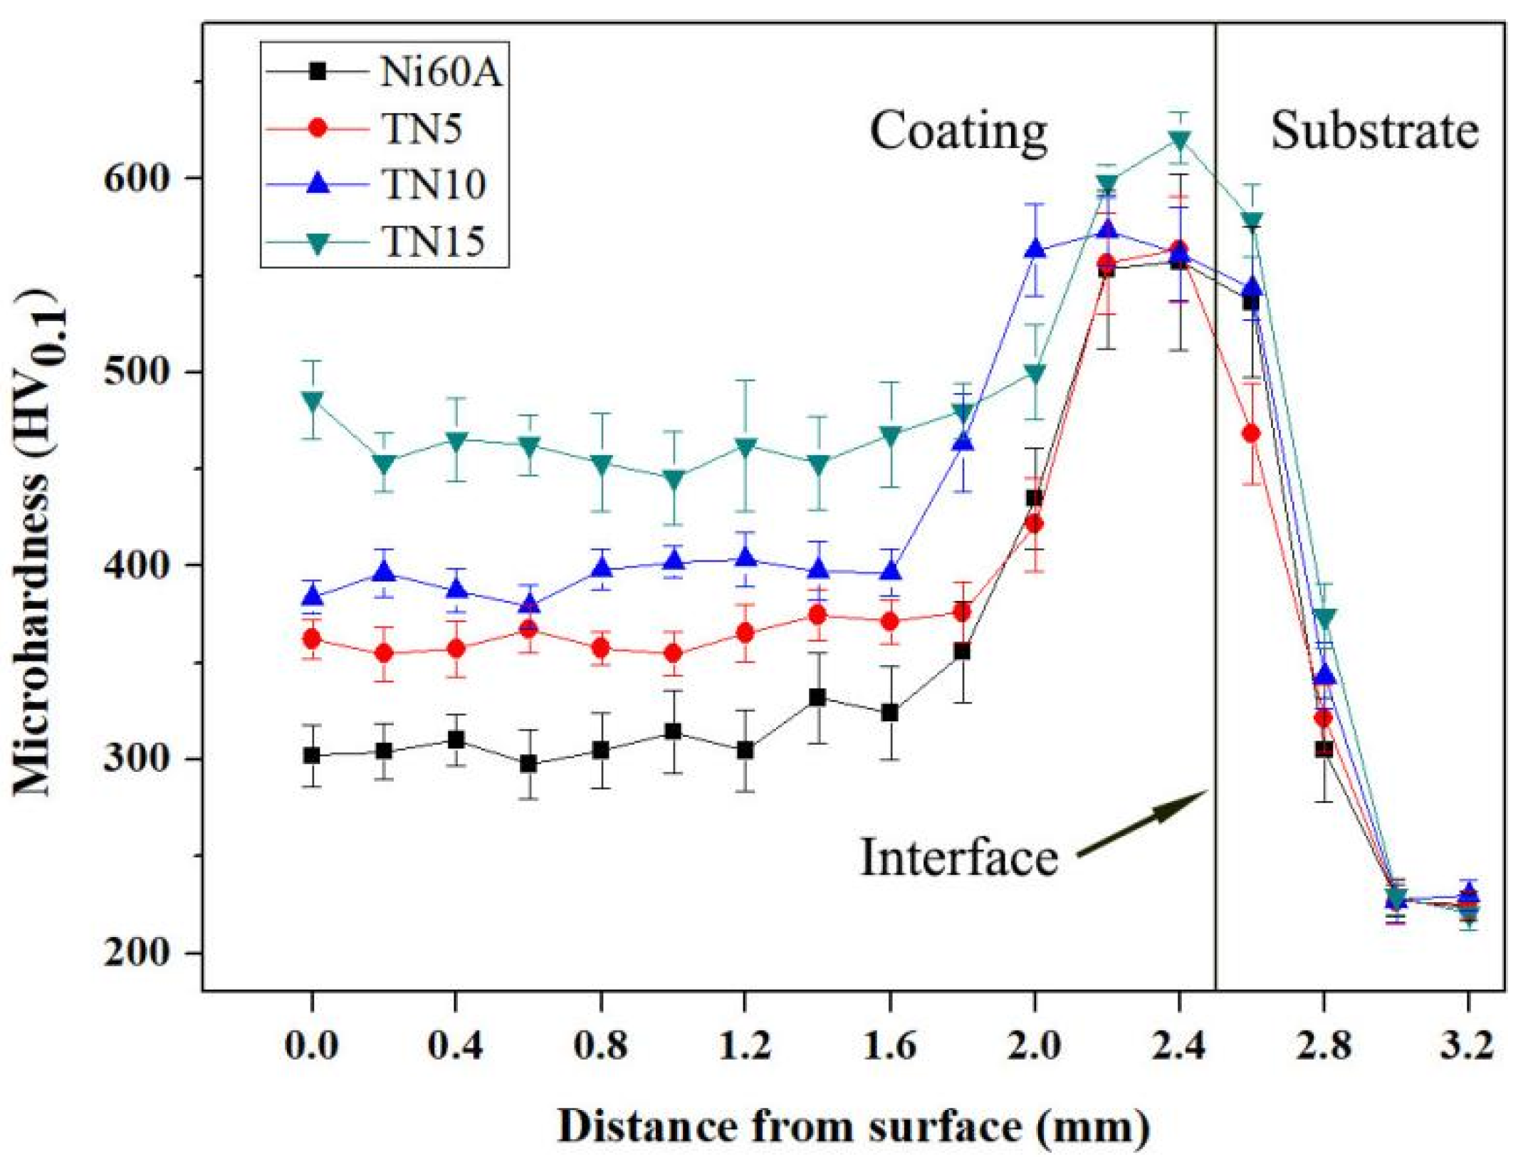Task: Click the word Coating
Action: coord(958,132)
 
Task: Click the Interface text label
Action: coord(958,857)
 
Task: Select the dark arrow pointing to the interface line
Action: coord(1144,822)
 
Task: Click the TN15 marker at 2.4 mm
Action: coord(1179,140)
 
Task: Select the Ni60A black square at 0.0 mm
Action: coord(311,755)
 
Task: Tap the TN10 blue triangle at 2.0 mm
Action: coord(1035,249)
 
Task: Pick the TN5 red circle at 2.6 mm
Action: coord(1251,434)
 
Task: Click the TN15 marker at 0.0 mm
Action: coord(311,399)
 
